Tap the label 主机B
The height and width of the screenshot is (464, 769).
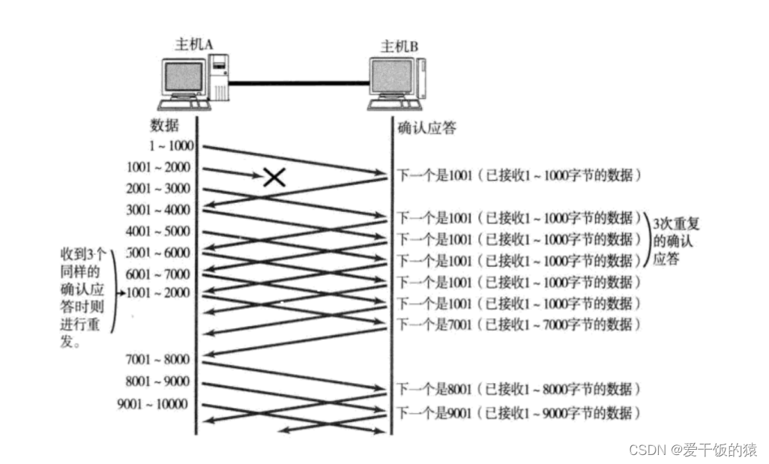coord(399,47)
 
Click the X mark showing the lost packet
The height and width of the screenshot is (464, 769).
coord(274,177)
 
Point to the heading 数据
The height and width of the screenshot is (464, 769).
coord(165,125)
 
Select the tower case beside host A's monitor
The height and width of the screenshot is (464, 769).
coord(219,79)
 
